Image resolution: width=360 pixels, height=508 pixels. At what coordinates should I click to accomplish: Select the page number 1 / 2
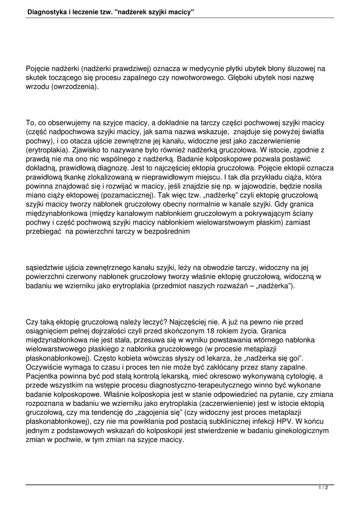(x=323, y=488)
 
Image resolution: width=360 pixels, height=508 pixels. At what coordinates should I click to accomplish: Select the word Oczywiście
(x=47, y=367)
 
